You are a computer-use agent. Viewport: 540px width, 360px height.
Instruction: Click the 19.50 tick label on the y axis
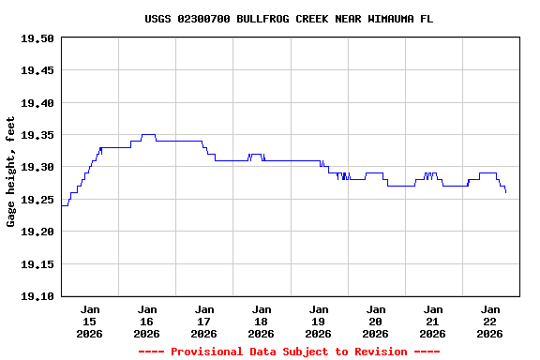coord(37,38)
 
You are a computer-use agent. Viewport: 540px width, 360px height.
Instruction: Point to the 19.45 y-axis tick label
coord(37,70)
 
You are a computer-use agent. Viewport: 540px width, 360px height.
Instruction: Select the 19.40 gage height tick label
coord(37,103)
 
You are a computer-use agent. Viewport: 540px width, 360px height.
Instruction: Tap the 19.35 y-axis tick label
coord(37,135)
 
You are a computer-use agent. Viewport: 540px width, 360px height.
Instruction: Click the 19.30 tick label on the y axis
coord(37,167)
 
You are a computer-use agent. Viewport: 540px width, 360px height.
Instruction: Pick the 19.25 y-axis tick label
coord(37,200)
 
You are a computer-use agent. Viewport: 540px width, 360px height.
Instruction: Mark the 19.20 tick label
coord(37,232)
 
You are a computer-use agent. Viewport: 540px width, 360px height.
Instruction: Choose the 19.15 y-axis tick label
coord(37,264)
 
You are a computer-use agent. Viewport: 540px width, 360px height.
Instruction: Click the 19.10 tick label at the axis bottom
coord(37,296)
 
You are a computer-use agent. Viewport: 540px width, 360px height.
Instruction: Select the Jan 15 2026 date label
coord(90,321)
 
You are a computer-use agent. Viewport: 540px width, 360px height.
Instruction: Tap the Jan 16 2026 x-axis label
coord(147,321)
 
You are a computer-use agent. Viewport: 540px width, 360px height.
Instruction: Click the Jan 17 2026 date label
coord(204,321)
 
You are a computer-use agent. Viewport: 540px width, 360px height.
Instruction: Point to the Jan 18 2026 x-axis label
coord(262,321)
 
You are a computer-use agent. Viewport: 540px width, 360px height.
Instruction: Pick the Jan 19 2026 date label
coord(319,321)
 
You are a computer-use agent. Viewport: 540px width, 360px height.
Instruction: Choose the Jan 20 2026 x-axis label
coord(376,321)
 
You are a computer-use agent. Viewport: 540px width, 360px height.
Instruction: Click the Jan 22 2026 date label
coord(490,321)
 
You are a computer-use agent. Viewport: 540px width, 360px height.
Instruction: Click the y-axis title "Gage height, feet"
coord(11,172)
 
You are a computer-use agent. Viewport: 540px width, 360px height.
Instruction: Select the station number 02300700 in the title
coord(203,19)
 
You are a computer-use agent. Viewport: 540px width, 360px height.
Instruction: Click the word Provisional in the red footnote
coord(203,352)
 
